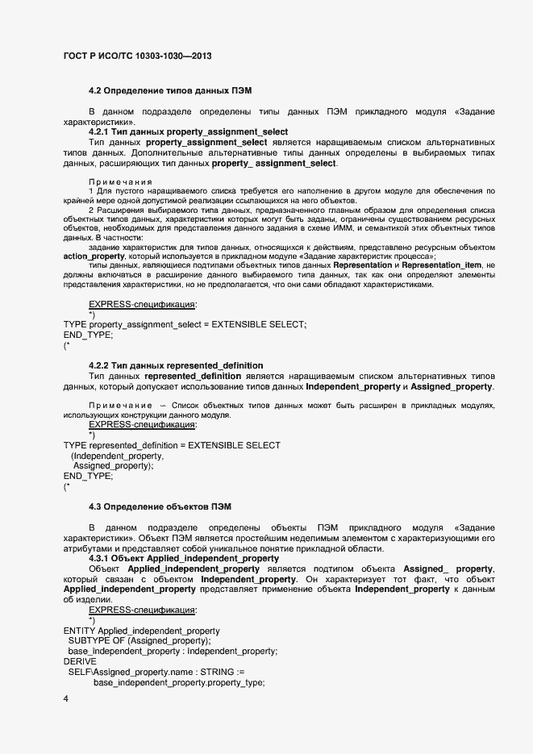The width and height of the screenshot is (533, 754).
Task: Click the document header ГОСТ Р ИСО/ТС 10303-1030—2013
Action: (137, 56)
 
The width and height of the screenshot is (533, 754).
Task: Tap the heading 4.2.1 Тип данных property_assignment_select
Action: (188, 131)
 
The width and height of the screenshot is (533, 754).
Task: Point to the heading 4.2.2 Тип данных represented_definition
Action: (175, 365)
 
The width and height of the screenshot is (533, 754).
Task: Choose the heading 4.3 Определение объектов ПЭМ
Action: (160, 506)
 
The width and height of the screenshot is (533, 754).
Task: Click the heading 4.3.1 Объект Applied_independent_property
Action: (184, 558)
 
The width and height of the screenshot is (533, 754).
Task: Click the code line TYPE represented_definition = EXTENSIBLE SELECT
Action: (172, 445)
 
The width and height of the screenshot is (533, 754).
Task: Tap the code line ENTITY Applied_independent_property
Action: (141, 630)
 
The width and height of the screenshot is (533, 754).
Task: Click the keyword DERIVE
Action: (79, 661)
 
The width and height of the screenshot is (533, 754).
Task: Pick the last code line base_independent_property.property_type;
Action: (179, 682)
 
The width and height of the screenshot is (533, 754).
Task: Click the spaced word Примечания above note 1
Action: (120, 182)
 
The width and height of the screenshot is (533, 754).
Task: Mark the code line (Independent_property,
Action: (118, 456)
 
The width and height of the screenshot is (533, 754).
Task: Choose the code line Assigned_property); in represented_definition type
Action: (113, 466)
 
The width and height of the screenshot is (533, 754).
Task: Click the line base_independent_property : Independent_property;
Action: (173, 651)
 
